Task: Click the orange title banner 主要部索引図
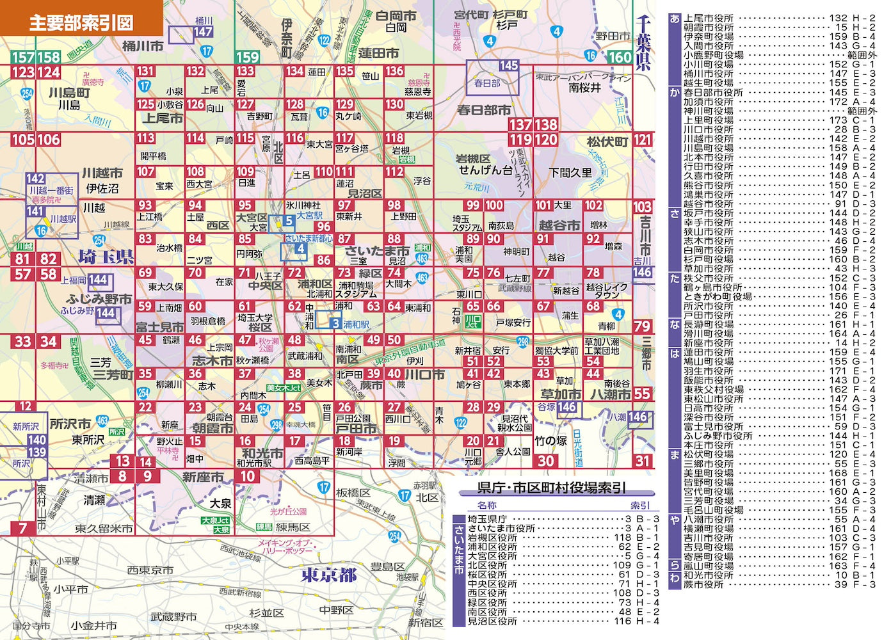81,23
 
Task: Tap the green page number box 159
247,57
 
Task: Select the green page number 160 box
619,57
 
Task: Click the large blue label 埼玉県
106,257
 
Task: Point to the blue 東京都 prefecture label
329,575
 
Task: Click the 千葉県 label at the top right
643,45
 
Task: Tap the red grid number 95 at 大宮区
245,205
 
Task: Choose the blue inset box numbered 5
289,221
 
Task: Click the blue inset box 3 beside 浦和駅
335,323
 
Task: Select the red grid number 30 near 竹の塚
546,460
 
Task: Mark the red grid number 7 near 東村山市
22,528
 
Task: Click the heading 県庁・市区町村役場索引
551,488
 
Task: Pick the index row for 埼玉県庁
563,519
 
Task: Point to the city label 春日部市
485,110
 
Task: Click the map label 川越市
102,173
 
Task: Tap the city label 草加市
561,394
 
